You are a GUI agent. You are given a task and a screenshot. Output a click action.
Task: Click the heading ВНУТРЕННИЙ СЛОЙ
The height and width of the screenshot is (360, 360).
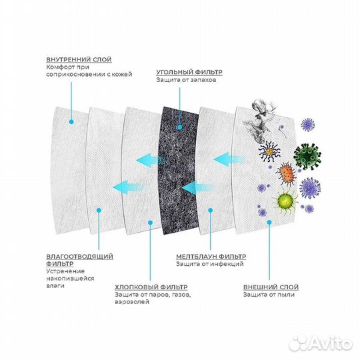tap(79, 59)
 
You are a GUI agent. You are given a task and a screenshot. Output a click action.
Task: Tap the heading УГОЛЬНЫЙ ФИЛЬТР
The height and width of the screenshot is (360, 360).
tap(189, 72)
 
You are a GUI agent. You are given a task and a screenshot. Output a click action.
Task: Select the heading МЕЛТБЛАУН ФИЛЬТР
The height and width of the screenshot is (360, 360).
tap(211, 256)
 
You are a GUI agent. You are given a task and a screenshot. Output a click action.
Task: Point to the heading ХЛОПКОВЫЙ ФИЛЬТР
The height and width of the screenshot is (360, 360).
tap(151, 287)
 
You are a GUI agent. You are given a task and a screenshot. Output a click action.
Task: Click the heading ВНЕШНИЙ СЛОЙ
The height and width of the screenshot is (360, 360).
tap(271, 287)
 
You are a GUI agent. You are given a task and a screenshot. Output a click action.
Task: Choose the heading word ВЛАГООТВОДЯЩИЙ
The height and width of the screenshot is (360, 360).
tap(80, 256)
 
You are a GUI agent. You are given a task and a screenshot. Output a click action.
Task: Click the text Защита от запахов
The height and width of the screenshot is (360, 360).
tap(186, 80)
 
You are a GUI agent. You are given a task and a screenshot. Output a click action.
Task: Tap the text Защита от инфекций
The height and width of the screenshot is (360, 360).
tap(209, 264)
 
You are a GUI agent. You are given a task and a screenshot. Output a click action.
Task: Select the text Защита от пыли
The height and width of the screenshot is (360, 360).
tap(269, 295)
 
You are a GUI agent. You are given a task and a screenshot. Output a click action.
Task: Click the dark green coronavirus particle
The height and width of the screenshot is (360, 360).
tap(307, 156)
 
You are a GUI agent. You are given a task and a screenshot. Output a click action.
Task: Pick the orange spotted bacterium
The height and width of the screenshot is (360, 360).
tap(286, 174)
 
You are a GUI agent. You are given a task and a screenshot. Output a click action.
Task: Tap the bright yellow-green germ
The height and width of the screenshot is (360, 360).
tap(285, 201)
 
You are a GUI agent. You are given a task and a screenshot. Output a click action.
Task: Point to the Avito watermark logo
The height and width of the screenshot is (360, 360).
tap(321, 344)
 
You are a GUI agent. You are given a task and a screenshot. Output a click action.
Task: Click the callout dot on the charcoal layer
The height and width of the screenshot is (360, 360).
tap(180, 127)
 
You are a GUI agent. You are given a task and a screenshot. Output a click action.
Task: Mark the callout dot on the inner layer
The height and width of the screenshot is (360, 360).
tap(71, 122)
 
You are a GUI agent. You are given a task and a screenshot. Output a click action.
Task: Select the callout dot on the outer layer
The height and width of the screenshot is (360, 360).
tap(269, 222)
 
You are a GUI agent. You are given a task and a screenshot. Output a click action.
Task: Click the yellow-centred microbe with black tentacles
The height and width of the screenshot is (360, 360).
tap(269, 151)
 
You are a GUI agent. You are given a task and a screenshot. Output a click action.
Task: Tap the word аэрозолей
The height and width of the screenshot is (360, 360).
tap(132, 302)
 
